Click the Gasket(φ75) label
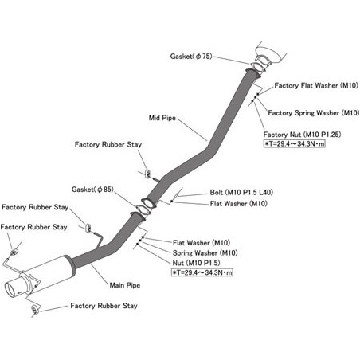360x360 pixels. coord(191,57)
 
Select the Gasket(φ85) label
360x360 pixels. coord(92,190)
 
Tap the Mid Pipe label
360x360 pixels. coord(162,118)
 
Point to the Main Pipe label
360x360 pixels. coord(125,285)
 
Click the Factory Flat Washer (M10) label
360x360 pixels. coord(316,85)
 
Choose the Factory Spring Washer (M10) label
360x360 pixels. coord(314,113)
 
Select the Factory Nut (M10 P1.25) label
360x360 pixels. coord(302,135)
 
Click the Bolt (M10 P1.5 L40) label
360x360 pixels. coord(241,192)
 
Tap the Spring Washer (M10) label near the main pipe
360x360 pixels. coord(205,252)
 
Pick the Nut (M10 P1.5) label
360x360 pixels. coord(196,263)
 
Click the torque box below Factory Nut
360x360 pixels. coord(294,143)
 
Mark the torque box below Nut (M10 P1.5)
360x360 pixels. coord(202,272)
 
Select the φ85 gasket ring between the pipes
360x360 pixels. coord(143,209)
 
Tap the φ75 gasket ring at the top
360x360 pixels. coord(259,68)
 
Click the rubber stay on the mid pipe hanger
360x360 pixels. coord(147,173)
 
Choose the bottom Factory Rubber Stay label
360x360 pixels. coord(104,306)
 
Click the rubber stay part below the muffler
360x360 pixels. coord(34,309)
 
